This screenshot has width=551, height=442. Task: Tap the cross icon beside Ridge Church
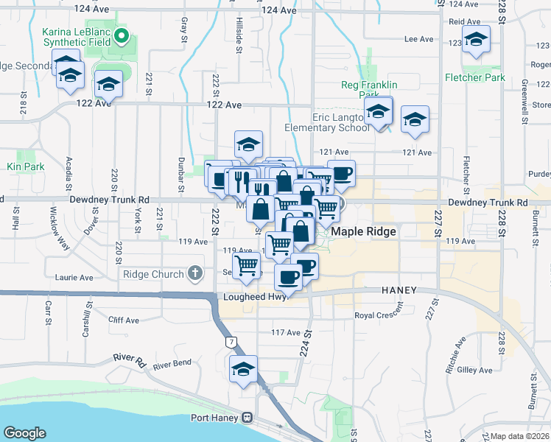(x=195, y=274)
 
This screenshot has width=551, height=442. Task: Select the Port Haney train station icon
(x=248, y=418)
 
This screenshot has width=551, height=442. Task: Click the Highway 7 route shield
(x=232, y=342)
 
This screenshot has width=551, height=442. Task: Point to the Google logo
(x=24, y=433)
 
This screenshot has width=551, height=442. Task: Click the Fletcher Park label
(x=474, y=77)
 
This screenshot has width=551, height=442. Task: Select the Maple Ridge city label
(x=363, y=231)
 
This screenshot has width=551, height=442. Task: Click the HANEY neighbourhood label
(x=399, y=291)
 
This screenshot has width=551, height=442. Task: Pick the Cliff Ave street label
(x=123, y=320)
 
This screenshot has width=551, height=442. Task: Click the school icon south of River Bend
(x=243, y=371)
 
